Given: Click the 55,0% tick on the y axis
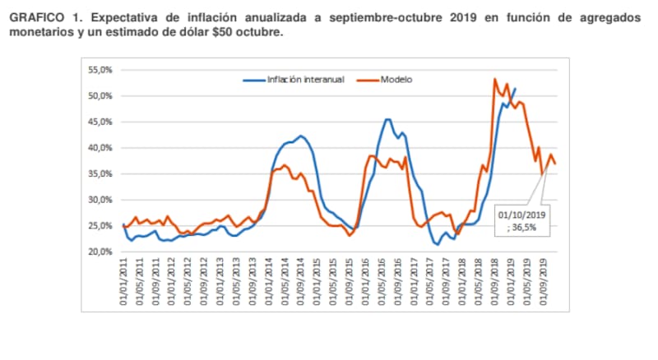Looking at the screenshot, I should [99, 71].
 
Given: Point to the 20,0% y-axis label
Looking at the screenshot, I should [99, 252].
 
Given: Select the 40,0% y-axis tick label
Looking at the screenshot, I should [99, 148].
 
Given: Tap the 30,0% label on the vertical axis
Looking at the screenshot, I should [99, 200].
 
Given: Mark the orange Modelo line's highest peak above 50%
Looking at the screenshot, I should [494, 79].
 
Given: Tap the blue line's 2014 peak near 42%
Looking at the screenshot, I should [300, 136].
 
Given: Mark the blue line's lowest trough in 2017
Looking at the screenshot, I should [438, 244].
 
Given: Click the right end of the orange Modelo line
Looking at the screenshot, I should [556, 164].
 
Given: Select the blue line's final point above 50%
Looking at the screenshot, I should [516, 88].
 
